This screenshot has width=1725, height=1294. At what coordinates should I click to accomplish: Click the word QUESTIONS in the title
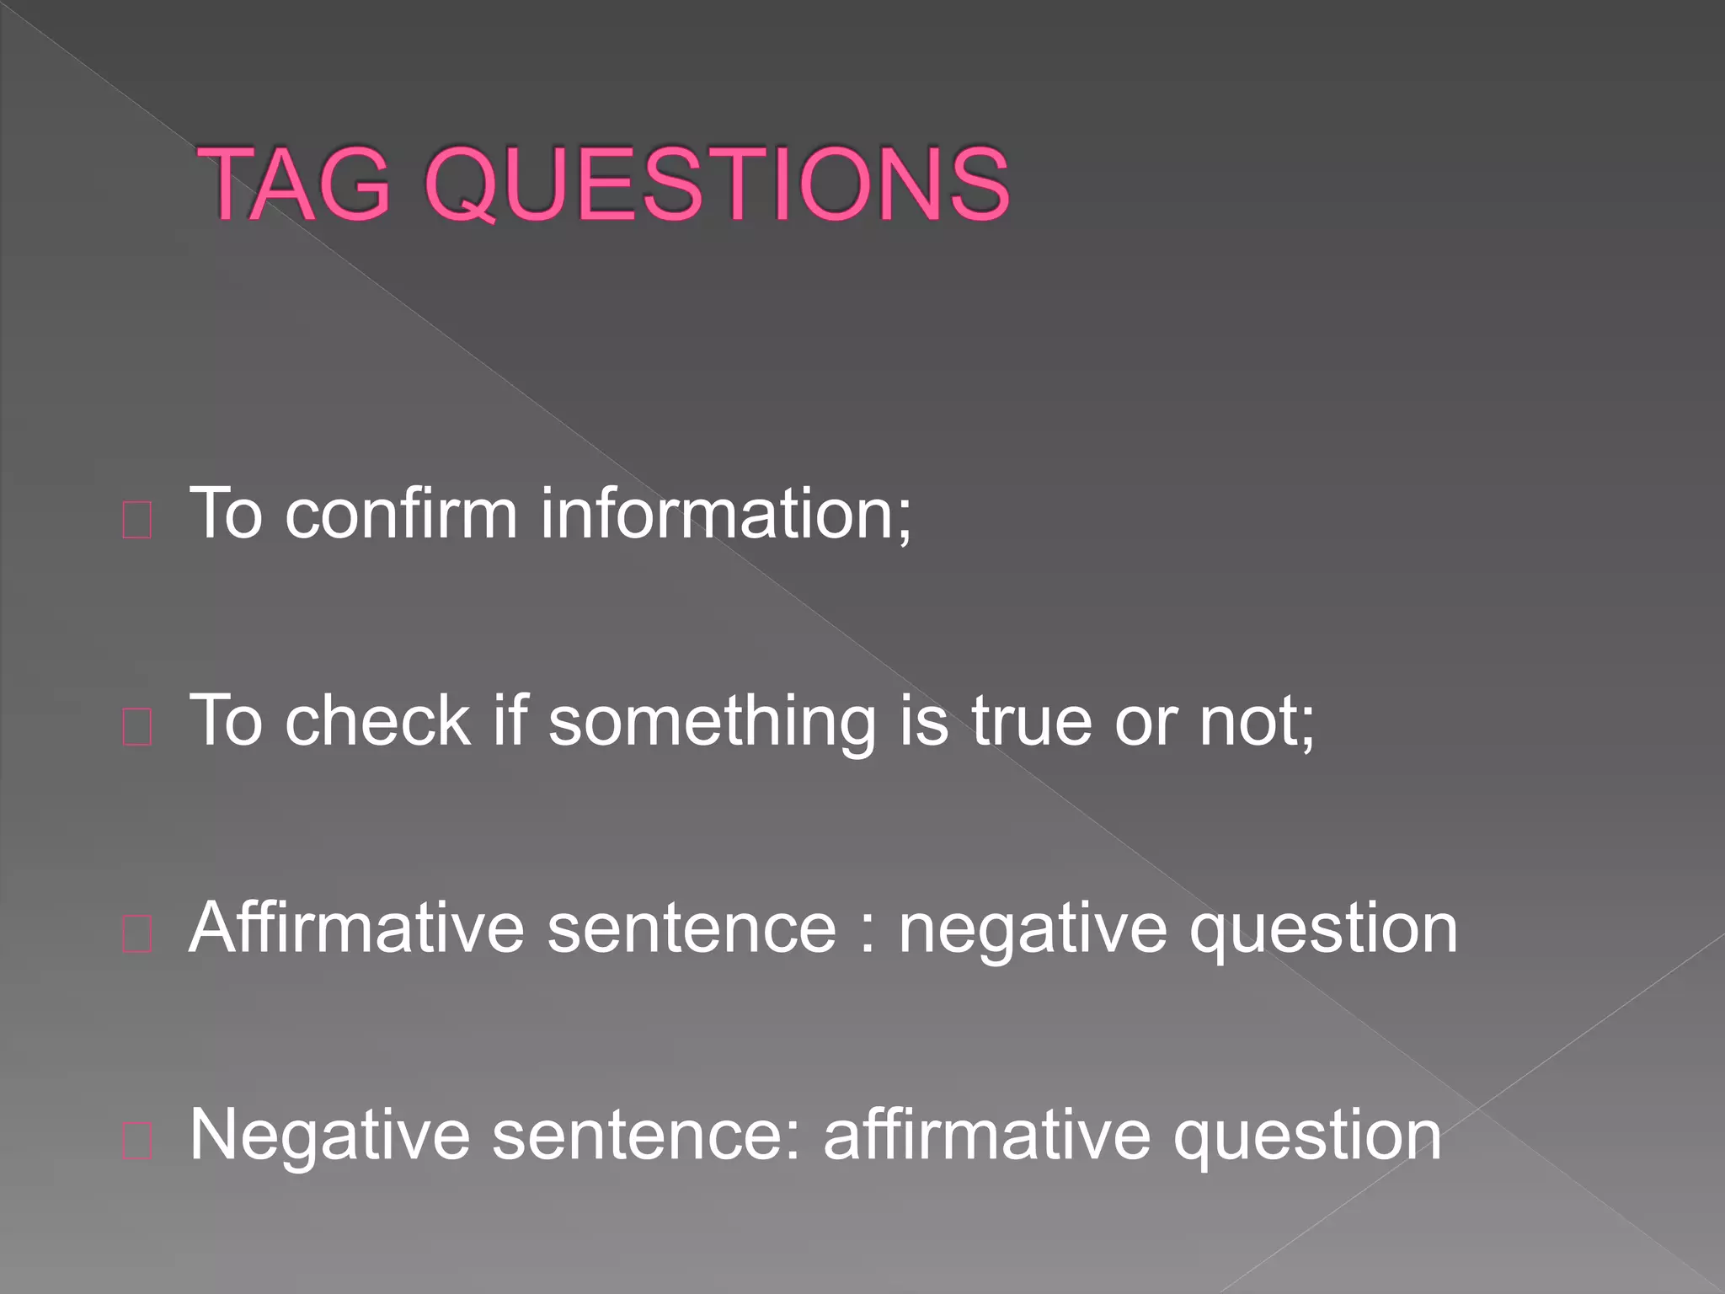click(717, 185)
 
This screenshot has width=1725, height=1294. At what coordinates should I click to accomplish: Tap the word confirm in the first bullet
click(401, 513)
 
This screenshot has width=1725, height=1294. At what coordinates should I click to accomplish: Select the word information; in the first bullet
click(725, 513)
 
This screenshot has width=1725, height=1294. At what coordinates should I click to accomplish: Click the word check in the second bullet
click(377, 721)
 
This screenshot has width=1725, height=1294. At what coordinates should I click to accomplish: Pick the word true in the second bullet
click(1031, 721)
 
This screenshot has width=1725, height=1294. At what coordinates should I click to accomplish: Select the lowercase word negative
click(1033, 929)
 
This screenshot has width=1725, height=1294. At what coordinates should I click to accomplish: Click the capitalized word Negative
click(329, 1136)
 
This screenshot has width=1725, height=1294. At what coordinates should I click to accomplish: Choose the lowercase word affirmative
click(986, 1136)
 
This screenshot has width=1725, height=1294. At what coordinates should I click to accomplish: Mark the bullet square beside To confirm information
click(137, 520)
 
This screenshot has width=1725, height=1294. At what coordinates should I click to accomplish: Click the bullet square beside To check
click(137, 727)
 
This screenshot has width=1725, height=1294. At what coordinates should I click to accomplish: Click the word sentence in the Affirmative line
click(692, 929)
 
